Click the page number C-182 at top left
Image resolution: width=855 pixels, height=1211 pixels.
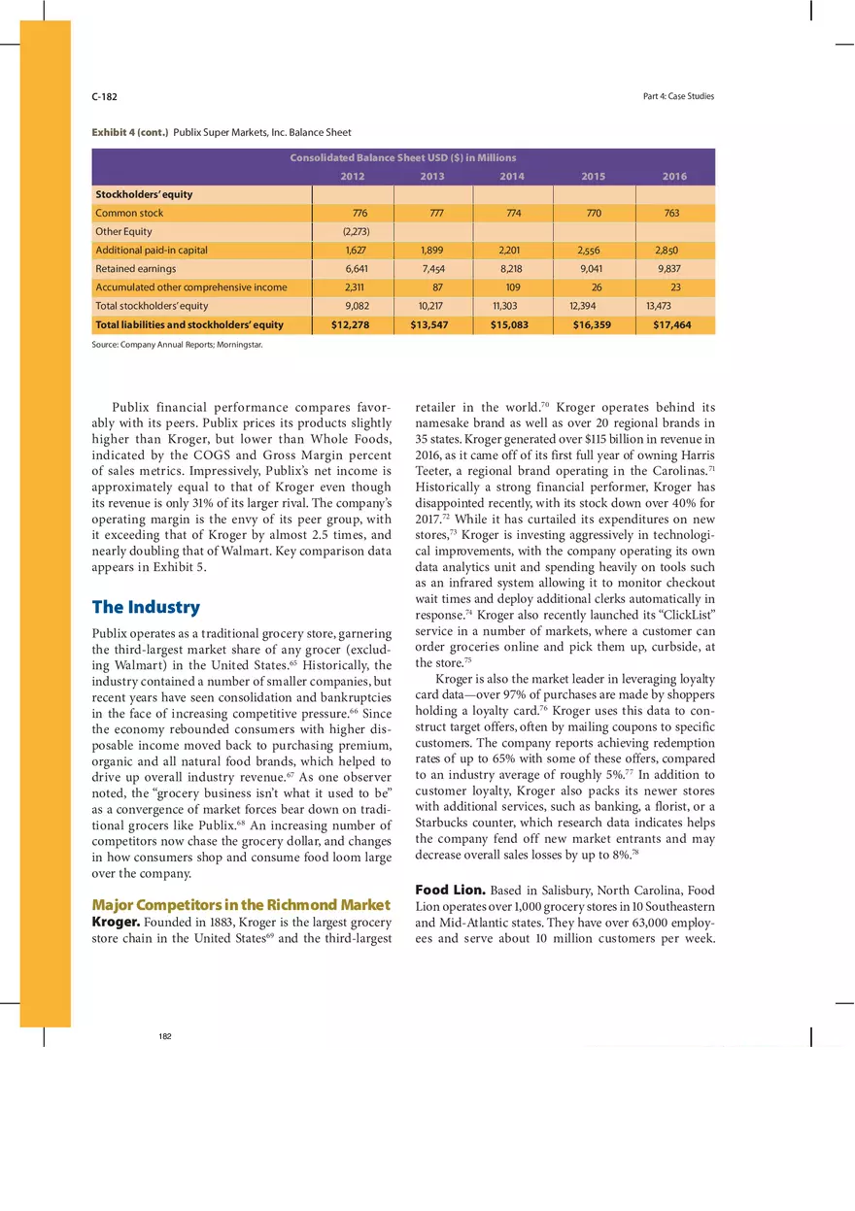(x=104, y=96)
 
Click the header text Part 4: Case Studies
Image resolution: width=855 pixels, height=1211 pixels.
(x=678, y=96)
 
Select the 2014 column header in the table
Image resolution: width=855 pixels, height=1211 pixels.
(x=512, y=176)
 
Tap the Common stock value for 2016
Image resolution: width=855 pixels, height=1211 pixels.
(x=671, y=213)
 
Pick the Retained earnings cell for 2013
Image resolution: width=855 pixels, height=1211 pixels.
(x=432, y=269)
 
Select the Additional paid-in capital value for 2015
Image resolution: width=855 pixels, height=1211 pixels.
(x=593, y=251)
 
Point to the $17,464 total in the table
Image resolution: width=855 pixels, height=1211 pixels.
(x=671, y=325)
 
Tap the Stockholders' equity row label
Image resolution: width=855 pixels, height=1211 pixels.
(x=144, y=194)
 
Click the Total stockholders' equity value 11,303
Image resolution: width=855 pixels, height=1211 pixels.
(x=505, y=306)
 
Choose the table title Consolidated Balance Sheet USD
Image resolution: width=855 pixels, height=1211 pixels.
(x=403, y=157)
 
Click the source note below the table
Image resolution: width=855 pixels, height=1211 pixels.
(x=177, y=344)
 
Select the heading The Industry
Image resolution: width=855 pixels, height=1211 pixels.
(x=146, y=607)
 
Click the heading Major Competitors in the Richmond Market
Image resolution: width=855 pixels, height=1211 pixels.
(x=241, y=905)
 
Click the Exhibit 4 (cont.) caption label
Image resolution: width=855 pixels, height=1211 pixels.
(x=130, y=132)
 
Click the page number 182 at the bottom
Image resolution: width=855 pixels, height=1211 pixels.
(x=165, y=1037)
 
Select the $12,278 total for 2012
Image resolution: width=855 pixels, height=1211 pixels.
(x=350, y=325)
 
